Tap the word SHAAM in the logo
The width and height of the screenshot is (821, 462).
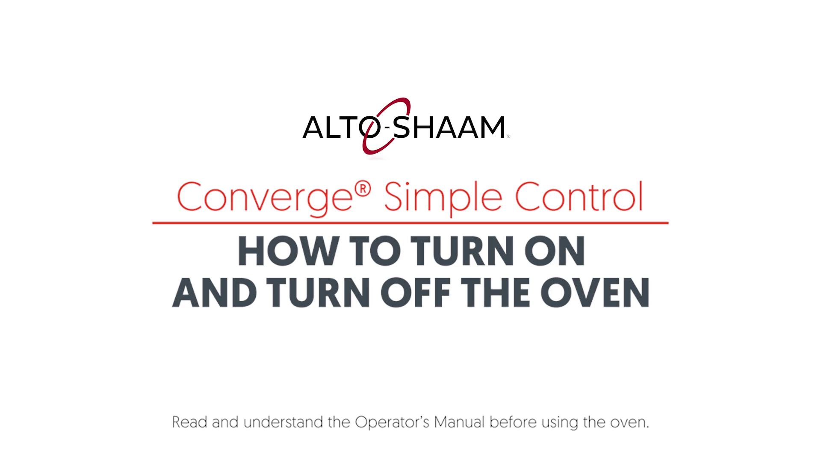point(448,127)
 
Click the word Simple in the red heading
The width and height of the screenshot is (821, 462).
point(443,198)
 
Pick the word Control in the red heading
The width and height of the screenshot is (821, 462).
point(579,196)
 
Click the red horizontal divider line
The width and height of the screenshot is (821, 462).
point(410,223)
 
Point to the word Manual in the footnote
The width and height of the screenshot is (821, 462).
point(460,422)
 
